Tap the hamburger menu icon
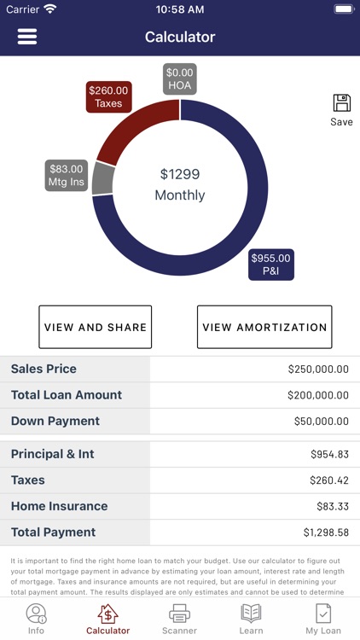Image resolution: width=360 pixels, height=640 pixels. [x=27, y=37]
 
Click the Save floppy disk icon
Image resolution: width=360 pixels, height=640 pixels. [x=341, y=103]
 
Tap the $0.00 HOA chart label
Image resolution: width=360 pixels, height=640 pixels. [x=180, y=79]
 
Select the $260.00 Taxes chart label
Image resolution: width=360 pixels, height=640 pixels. [x=108, y=97]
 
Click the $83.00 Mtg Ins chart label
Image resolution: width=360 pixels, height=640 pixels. [x=66, y=176]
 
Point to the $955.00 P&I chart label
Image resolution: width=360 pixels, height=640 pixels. [x=270, y=265]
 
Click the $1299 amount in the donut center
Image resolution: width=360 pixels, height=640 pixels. [x=180, y=174]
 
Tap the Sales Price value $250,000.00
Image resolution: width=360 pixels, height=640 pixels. [x=318, y=369]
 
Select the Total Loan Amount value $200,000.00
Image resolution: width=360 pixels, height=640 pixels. [x=318, y=395]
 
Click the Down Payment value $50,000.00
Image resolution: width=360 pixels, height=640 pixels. [x=321, y=422]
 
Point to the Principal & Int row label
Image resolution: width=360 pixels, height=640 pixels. [x=52, y=454]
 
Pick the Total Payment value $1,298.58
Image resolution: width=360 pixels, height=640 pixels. [x=325, y=532]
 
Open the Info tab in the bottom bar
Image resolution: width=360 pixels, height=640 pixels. [x=36, y=618]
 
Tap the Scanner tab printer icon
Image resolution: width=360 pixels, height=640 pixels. [x=179, y=613]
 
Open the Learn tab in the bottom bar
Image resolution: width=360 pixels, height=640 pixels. [x=251, y=618]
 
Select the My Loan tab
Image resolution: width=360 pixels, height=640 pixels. [x=323, y=618]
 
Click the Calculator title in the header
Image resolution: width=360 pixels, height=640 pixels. [x=180, y=37]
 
